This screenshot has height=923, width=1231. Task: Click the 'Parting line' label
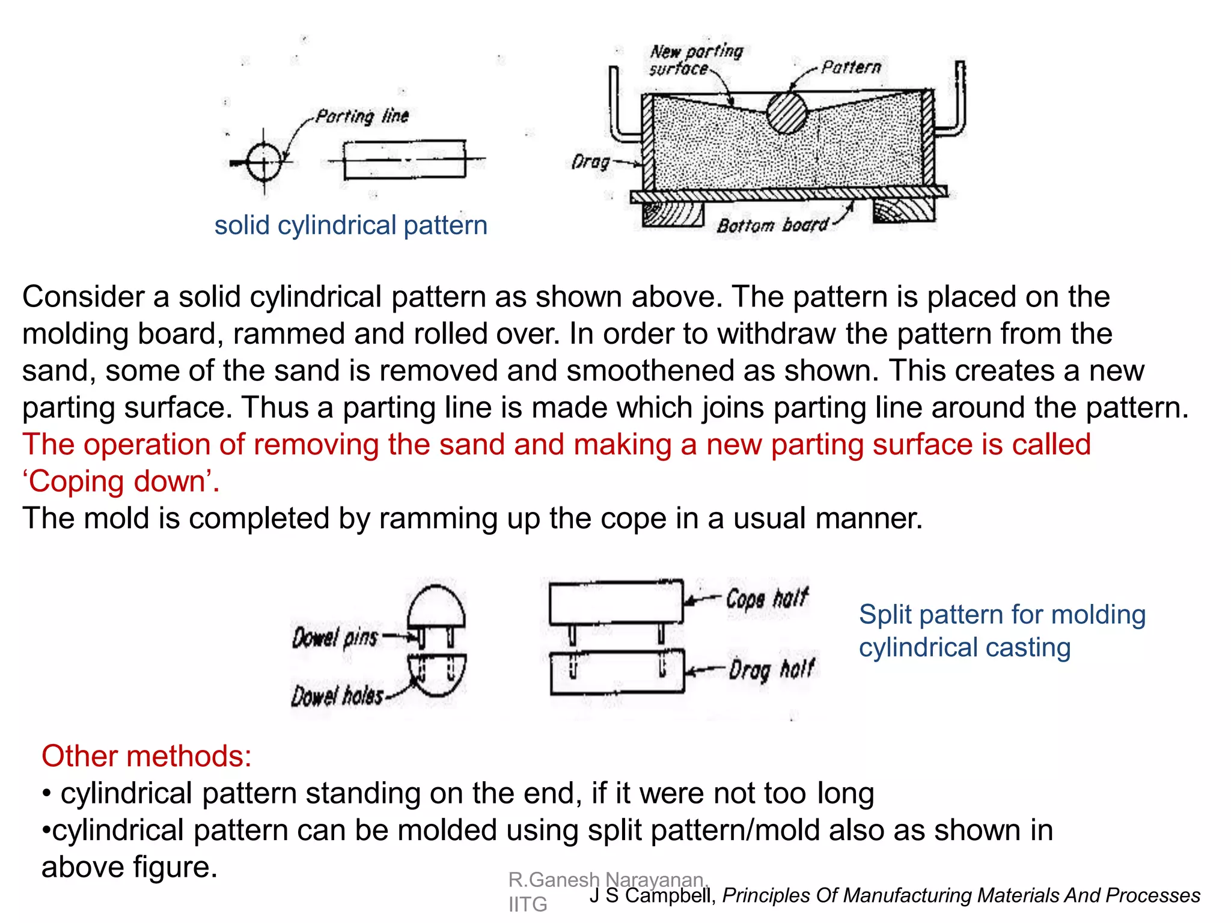(362, 115)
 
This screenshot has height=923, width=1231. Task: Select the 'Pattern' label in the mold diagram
(851, 67)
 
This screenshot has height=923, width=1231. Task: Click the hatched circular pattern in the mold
(786, 112)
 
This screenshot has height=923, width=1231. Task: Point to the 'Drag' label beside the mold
(590, 162)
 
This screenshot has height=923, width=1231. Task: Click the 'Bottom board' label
(772, 225)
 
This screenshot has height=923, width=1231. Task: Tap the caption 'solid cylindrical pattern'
(350, 225)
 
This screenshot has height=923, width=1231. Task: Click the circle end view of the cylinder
(264, 162)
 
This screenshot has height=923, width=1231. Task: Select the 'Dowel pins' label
(335, 638)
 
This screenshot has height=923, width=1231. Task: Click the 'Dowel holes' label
(337, 696)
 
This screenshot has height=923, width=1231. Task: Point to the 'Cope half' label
(767, 599)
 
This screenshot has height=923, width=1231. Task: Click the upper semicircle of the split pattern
(436, 607)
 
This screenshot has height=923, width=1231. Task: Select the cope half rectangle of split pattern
(616, 602)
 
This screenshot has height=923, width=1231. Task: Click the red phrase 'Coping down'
(121, 481)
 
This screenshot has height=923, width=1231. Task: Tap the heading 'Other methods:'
(146, 756)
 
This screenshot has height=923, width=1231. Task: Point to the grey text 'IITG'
(527, 904)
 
